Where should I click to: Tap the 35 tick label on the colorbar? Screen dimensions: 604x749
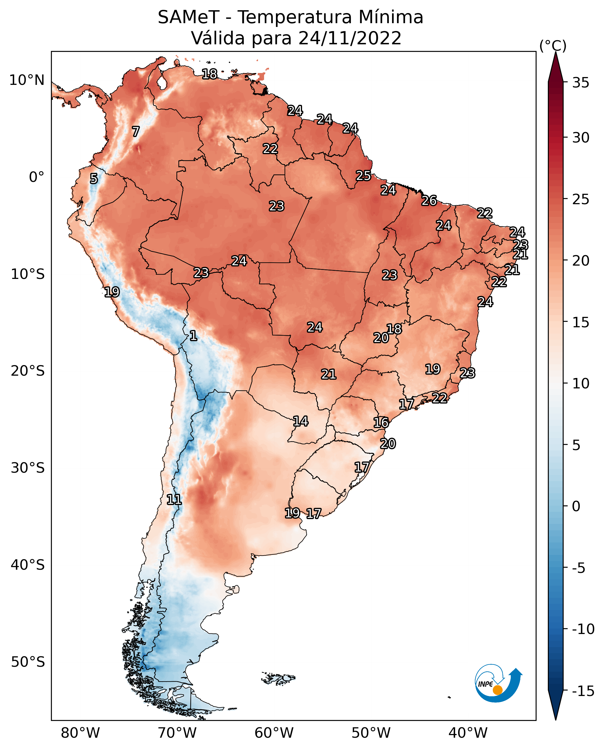point(581,83)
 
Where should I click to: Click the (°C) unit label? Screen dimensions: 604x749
point(553,46)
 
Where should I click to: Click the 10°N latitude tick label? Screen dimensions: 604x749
point(27,81)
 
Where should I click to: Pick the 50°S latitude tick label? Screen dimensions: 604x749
point(28,662)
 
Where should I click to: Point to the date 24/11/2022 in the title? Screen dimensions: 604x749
point(350,38)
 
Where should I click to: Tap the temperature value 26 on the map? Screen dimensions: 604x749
point(429,200)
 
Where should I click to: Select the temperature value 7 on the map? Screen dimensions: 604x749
point(136,131)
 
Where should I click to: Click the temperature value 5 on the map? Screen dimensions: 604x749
point(94,178)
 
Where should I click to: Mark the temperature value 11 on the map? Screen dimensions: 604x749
point(174,500)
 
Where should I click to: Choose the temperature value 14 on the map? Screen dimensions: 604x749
point(300,421)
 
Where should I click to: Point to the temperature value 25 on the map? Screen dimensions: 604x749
point(363,176)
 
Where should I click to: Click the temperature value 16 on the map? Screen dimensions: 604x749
point(381,423)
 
